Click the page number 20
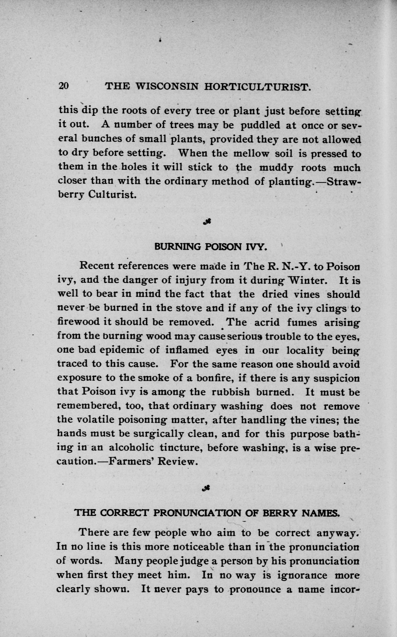point(63,86)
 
